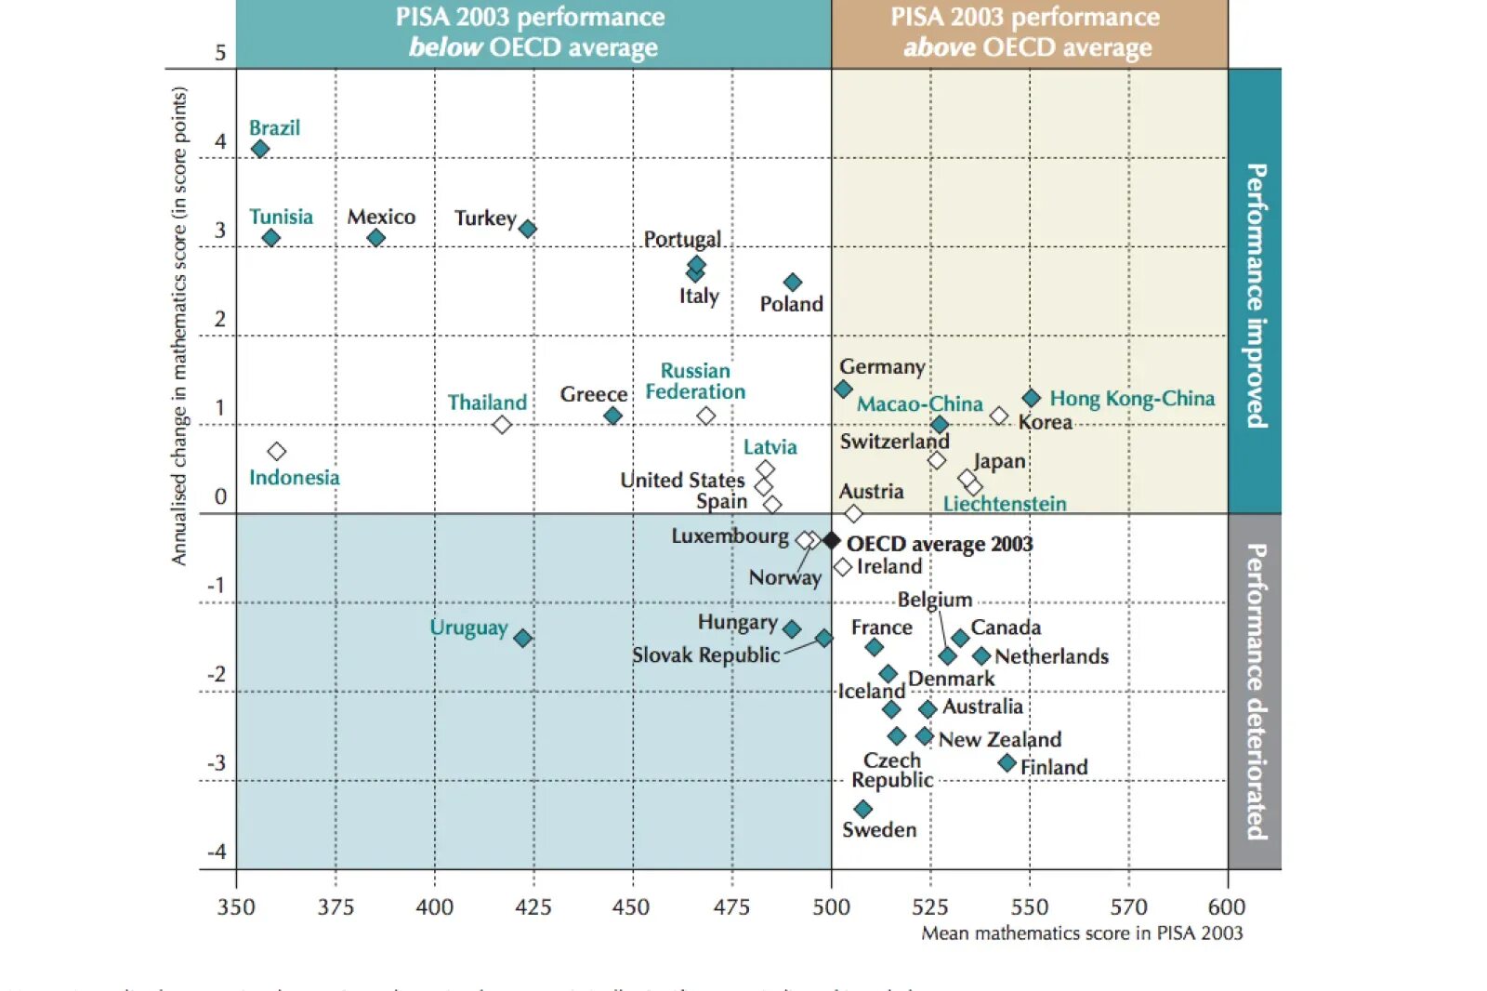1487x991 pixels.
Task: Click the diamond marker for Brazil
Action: click(260, 149)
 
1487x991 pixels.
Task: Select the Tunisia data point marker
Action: click(270, 238)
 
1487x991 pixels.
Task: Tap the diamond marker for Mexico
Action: click(375, 238)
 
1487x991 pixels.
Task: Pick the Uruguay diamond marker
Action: click(522, 638)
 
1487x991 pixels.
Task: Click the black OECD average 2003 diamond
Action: click(832, 540)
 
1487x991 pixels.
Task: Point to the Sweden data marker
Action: click(862, 809)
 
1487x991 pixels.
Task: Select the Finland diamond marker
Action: click(1007, 763)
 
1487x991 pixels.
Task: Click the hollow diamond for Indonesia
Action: click(276, 451)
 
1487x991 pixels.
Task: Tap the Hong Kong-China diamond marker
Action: click(1031, 398)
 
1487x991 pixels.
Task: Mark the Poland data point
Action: click(792, 282)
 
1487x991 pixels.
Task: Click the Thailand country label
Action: click(487, 403)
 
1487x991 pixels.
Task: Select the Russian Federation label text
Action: click(695, 381)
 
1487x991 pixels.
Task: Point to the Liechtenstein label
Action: click(1005, 504)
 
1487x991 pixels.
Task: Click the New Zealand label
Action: click(999, 739)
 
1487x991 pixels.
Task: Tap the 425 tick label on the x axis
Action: click(533, 907)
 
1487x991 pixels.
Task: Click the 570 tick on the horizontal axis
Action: click(1128, 907)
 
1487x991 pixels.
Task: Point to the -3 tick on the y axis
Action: click(216, 763)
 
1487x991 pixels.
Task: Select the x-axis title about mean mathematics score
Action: click(1082, 933)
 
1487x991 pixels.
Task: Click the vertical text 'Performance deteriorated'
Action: click(1256, 692)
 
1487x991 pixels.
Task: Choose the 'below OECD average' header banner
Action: click(533, 33)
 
